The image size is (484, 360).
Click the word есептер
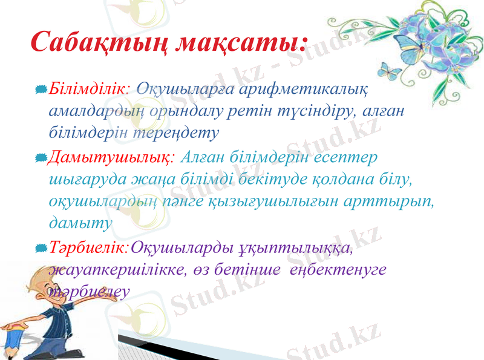pyautogui.click(x=344, y=157)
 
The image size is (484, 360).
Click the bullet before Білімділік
pyautogui.click(x=41, y=90)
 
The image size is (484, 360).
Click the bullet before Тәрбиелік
pyautogui.click(x=41, y=248)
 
